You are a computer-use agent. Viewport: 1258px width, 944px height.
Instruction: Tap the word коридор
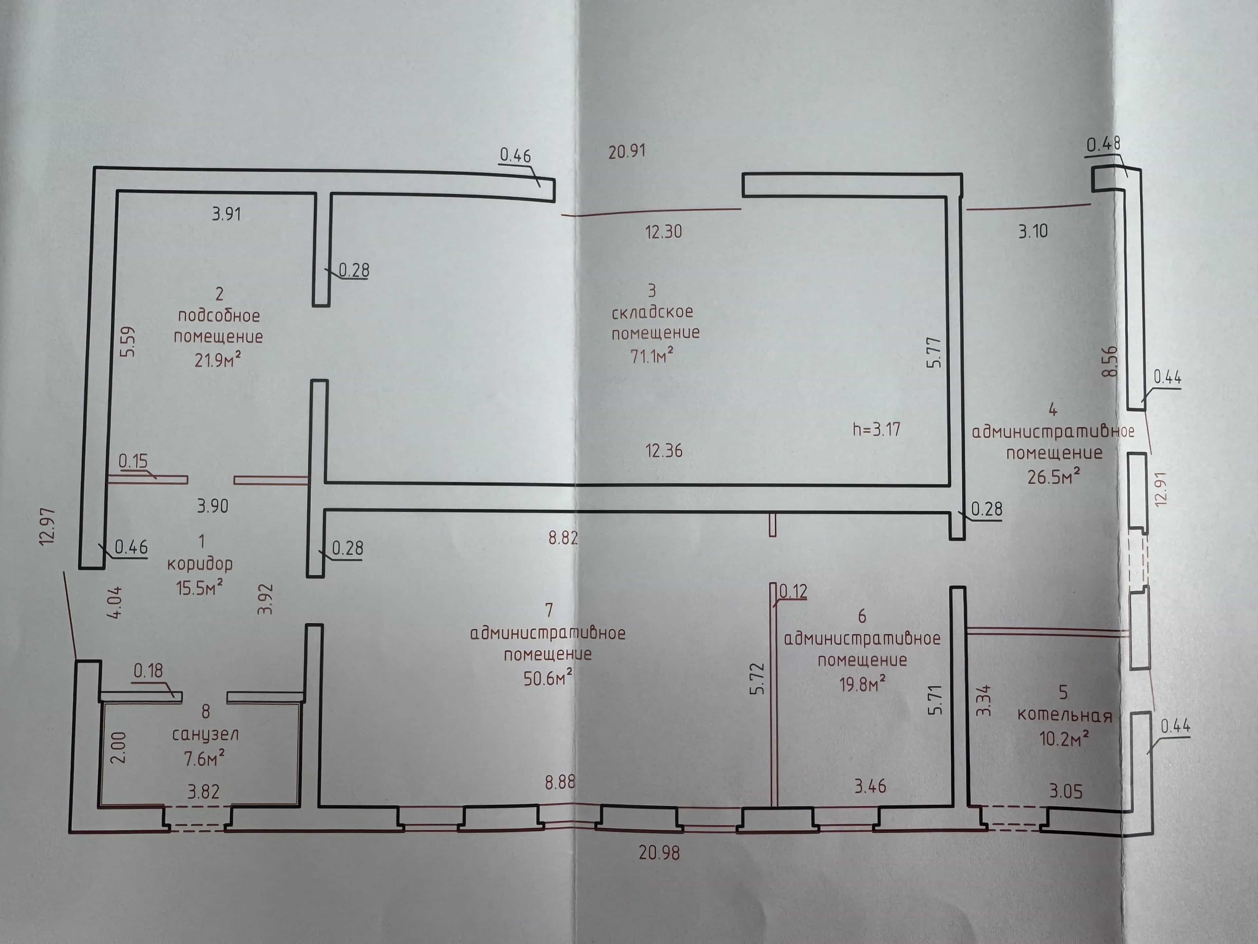click(x=200, y=564)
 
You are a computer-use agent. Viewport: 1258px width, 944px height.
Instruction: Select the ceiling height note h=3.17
click(x=876, y=429)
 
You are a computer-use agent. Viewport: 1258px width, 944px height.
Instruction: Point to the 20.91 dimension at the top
click(x=627, y=151)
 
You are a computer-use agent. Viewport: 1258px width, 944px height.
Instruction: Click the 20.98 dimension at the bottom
click(x=659, y=853)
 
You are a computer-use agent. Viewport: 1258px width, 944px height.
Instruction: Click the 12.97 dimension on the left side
click(x=48, y=526)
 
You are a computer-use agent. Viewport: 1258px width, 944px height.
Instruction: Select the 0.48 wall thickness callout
click(x=1103, y=145)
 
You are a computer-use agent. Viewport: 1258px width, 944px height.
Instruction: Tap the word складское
click(x=652, y=312)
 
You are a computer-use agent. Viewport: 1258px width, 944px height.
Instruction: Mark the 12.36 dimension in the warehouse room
click(x=664, y=451)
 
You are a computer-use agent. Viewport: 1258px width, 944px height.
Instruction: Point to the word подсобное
click(x=219, y=315)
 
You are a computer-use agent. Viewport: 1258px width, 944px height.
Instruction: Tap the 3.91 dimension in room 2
click(x=226, y=214)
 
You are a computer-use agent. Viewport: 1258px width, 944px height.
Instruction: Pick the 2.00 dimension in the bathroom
click(x=118, y=748)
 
